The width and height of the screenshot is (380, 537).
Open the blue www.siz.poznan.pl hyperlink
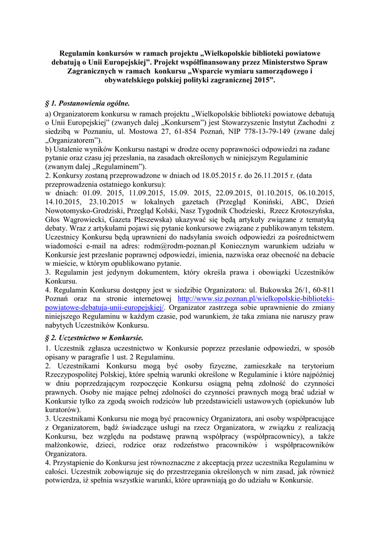pyautogui.click(x=257, y=299)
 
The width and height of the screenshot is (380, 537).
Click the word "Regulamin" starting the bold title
pyautogui.click(x=80, y=52)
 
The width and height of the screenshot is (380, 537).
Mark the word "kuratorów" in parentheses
pyautogui.click(x=62, y=409)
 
